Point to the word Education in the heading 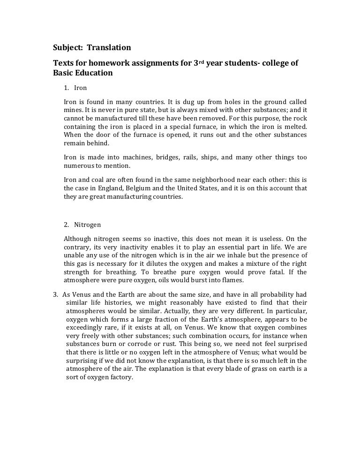pyautogui.click(x=93, y=74)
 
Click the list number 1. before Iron pyautogui.click(x=67, y=88)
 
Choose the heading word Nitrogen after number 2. pyautogui.click(x=87, y=225)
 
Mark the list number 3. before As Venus pyautogui.click(x=55, y=294)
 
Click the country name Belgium pyautogui.click(x=157, y=188)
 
